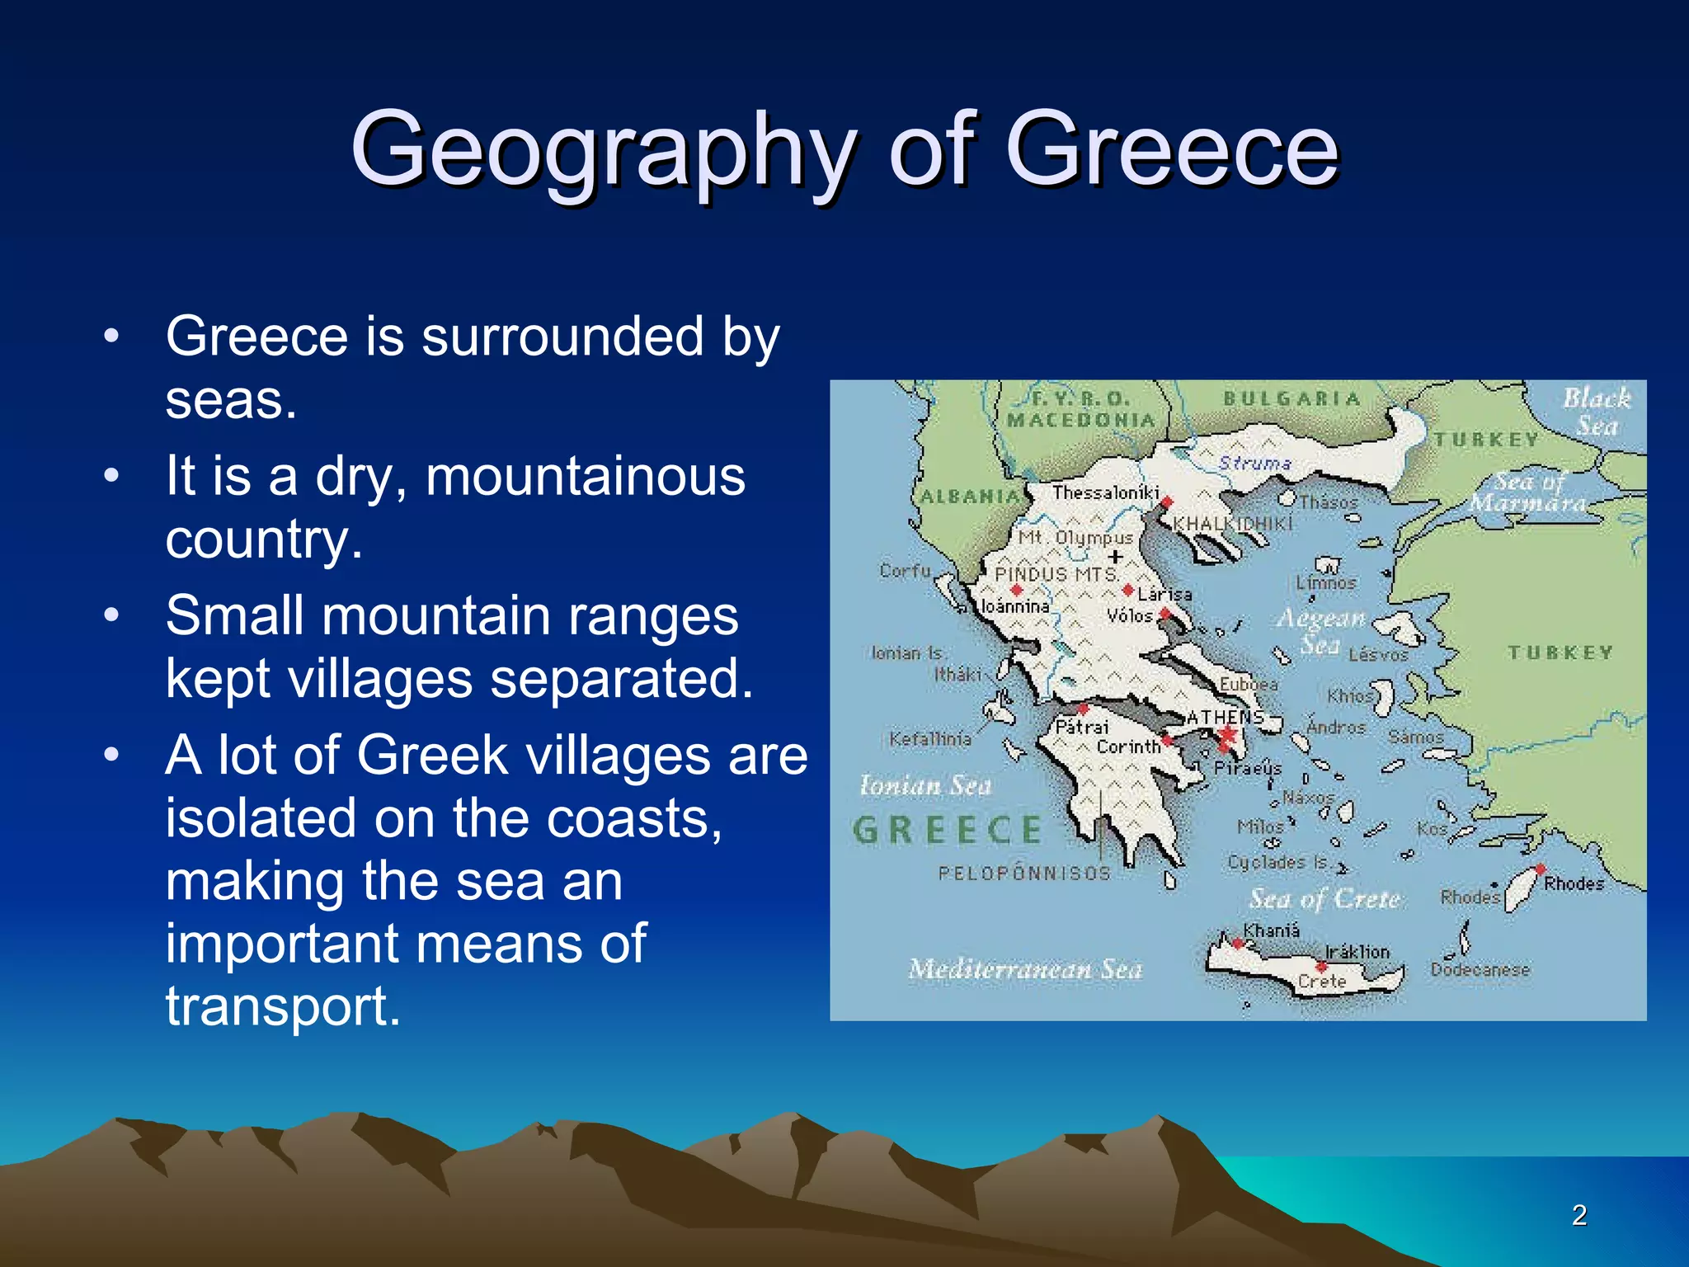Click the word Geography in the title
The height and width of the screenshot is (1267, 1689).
coord(602,151)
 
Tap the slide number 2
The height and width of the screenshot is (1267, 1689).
coord(1578,1215)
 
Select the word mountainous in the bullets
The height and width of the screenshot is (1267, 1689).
coord(585,476)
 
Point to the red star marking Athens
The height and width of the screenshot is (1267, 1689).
coord(1228,733)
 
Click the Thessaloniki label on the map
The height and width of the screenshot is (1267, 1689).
coord(1105,492)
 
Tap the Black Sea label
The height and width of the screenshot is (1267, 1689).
coord(1597,412)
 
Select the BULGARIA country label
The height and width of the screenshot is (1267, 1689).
coord(1291,399)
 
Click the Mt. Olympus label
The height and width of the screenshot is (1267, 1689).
coord(1075,538)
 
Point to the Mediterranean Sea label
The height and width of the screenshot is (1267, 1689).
coord(1025,968)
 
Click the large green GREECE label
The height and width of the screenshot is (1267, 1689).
coord(948,830)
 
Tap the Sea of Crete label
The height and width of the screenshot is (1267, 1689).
coord(1324,898)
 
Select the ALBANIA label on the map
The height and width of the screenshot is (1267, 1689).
coord(970,497)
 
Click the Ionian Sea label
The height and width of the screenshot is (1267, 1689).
coord(924,784)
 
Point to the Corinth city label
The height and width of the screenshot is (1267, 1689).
coord(1128,747)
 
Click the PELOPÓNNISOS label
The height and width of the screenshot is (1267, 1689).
coord(1024,873)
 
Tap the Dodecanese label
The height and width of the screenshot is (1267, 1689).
coord(1480,970)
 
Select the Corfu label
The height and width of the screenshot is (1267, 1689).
coord(905,570)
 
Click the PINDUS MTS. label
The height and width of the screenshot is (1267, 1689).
coord(1056,574)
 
